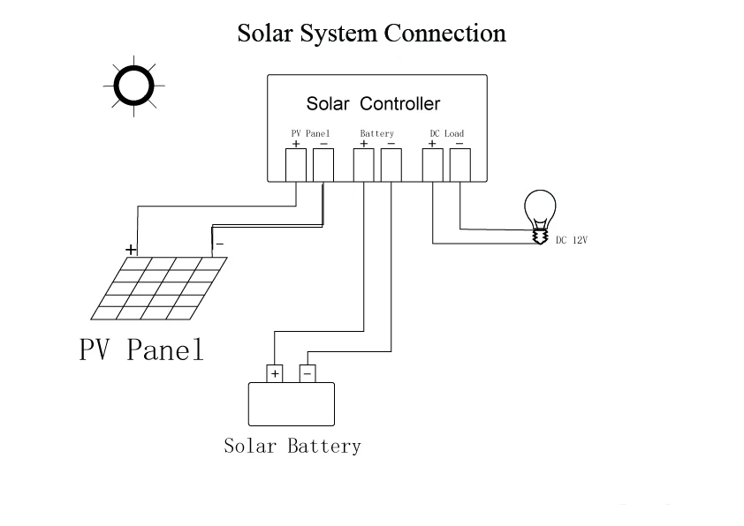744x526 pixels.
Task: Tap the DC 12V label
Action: [572, 240]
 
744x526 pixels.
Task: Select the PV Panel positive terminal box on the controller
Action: [296, 165]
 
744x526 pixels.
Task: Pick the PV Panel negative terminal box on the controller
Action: [323, 165]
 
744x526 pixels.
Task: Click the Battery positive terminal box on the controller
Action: [364, 165]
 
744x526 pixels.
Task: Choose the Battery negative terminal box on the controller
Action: [391, 165]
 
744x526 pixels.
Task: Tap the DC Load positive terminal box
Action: [433, 165]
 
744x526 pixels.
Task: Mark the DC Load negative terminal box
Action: [460, 165]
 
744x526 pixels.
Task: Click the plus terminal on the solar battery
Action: [275, 374]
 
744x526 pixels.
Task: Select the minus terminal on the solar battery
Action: [307, 374]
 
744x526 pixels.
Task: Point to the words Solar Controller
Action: [374, 104]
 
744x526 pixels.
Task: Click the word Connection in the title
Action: [444, 34]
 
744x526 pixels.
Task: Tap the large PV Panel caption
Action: [141, 349]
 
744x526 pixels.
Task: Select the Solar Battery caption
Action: [292, 446]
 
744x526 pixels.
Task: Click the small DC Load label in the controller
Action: [447, 133]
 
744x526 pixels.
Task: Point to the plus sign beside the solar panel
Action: [131, 249]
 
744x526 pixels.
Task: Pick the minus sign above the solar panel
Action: [220, 244]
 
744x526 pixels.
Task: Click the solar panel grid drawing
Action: [159, 288]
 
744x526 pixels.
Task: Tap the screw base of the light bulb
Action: [540, 237]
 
